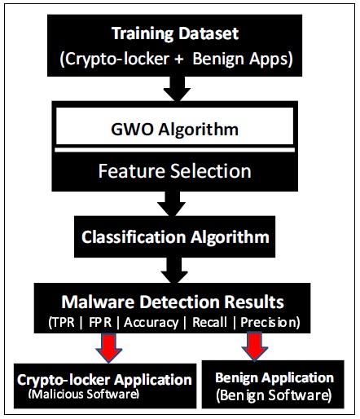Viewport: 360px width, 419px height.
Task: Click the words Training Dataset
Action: pyautogui.click(x=175, y=34)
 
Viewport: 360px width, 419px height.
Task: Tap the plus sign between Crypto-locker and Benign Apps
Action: pyautogui.click(x=179, y=59)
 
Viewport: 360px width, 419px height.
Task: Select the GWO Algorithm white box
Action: pyautogui.click(x=175, y=126)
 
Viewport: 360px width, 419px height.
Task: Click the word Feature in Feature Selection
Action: pyautogui.click(x=132, y=171)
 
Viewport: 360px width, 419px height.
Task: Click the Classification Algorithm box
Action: pyautogui.click(x=175, y=236)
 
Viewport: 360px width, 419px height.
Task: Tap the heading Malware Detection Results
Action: pyautogui.click(x=173, y=302)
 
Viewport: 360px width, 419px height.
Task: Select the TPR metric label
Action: pyautogui.click(x=63, y=323)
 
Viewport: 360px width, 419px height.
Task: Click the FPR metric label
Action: pyautogui.click(x=100, y=323)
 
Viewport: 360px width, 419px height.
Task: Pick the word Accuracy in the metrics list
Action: pyautogui.click(x=151, y=323)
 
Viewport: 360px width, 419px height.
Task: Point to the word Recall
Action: pyautogui.click(x=209, y=323)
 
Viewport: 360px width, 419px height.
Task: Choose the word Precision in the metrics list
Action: pyautogui.click(x=268, y=323)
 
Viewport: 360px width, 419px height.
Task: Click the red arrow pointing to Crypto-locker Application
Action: pyautogui.click(x=109, y=348)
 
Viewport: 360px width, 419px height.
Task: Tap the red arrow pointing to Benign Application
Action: pyautogui.click(x=255, y=347)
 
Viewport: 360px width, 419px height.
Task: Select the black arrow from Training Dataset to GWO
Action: pyautogui.click(x=177, y=89)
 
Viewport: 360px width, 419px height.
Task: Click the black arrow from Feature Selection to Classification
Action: pyautogui.click(x=172, y=204)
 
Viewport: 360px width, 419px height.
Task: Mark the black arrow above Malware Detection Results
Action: pyautogui.click(x=174, y=271)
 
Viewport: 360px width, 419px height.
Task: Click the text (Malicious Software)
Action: pyautogui.click(x=84, y=394)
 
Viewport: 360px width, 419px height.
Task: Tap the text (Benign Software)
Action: pyautogui.click(x=274, y=395)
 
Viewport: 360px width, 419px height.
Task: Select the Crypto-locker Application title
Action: pyautogui.click(x=104, y=380)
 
